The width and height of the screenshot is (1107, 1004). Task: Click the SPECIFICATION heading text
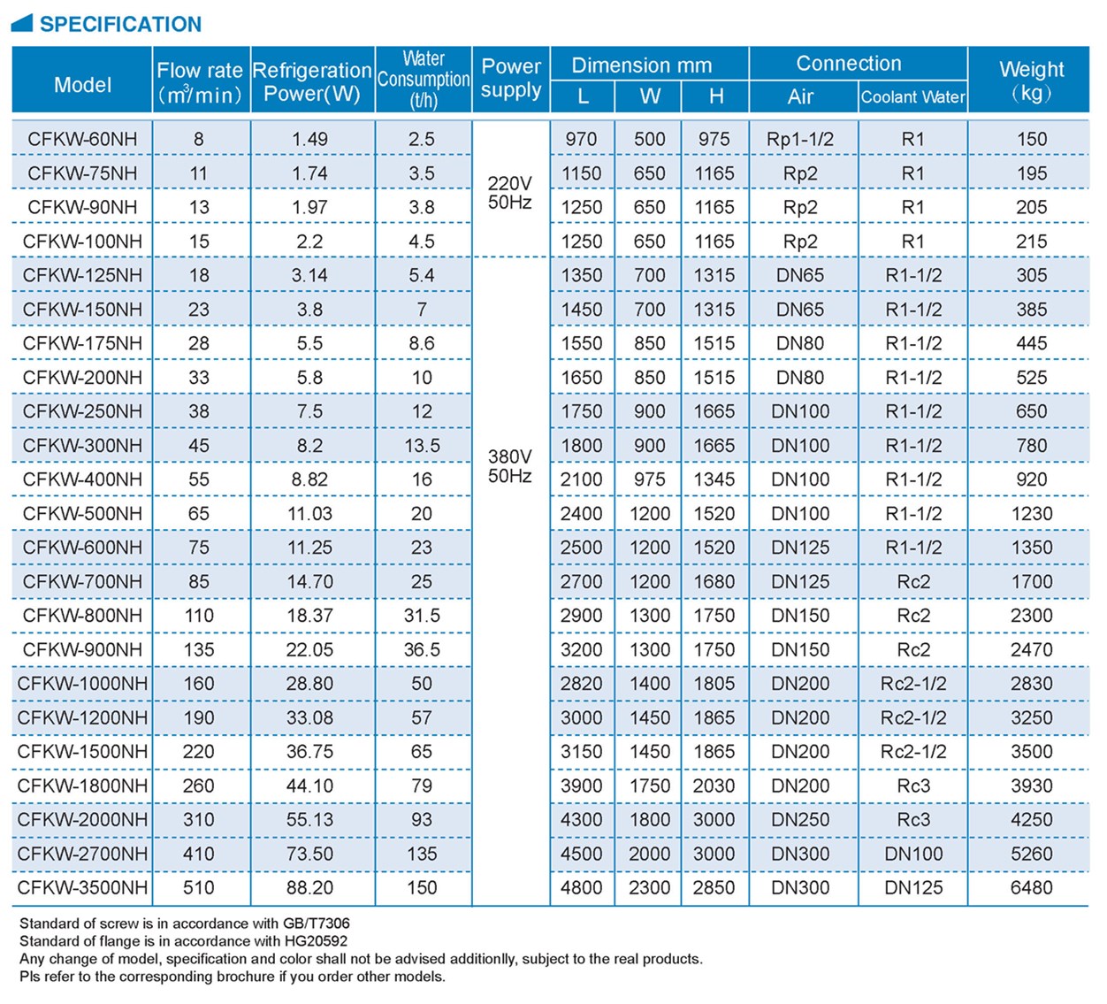[x=120, y=24]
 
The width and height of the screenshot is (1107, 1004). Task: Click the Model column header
[x=82, y=85]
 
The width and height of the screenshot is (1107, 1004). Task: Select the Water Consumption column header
[x=424, y=80]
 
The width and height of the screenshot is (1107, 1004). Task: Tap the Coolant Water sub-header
[x=912, y=96]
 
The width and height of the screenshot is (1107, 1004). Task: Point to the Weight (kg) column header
[x=1031, y=80]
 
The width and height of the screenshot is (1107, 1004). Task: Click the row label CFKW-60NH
[x=82, y=139]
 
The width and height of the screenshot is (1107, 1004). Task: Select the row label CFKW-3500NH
[x=82, y=887]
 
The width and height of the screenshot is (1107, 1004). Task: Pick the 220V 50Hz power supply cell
[x=510, y=193]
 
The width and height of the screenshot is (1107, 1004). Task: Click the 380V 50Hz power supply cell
[x=510, y=466]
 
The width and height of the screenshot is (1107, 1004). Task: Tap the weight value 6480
[x=1031, y=887]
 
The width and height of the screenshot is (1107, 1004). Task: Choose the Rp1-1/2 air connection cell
[x=800, y=139]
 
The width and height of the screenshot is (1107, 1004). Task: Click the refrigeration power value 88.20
[x=309, y=887]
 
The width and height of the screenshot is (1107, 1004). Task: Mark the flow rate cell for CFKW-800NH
[x=199, y=616]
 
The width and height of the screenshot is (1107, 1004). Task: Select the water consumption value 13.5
[x=422, y=446]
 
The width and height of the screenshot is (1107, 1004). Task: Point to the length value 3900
[x=581, y=786]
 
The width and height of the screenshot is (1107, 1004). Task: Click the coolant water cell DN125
[x=913, y=887]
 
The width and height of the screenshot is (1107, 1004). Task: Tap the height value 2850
[x=714, y=887]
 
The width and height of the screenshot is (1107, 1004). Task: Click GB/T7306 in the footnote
[x=316, y=924]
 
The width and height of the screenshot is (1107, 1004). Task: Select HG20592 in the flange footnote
[x=316, y=941]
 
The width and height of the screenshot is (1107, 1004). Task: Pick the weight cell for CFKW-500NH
[x=1031, y=514]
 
